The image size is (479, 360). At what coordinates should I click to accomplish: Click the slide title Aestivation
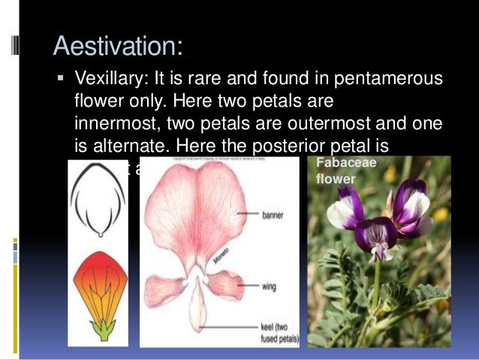(118, 47)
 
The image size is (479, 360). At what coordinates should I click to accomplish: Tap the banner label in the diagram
(273, 215)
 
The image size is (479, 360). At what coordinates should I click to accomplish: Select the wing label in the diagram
(269, 286)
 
